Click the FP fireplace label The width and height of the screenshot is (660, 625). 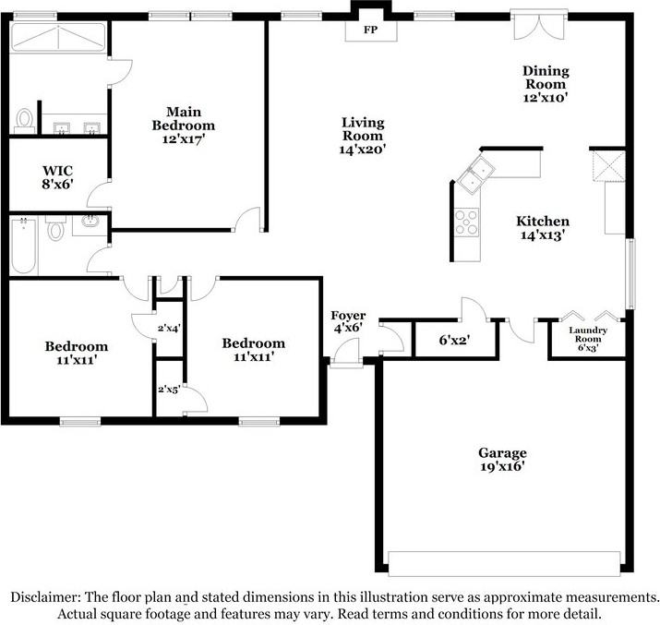point(370,30)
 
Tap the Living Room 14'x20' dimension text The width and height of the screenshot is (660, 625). point(363,150)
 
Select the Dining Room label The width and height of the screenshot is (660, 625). point(546,78)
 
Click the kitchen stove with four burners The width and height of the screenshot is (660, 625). point(467,222)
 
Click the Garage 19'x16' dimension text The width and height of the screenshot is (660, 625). point(502,466)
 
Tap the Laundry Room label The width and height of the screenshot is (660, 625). point(588,334)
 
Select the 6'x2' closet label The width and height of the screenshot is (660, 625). point(454,340)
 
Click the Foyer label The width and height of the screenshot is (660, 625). point(348,315)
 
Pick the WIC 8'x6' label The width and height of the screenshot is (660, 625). point(57,177)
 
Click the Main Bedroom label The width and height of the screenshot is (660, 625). point(184,118)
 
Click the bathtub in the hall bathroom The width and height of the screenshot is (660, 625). point(23,246)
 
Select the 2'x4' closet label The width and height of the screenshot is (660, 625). point(169,328)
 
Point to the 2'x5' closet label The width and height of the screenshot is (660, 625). point(169,390)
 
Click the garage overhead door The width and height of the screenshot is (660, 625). point(504,563)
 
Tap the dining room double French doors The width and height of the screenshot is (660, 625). point(539,26)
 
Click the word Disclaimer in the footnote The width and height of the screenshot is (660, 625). point(45,597)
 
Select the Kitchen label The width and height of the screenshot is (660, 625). point(543,221)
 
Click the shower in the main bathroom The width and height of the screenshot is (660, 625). point(58,37)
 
